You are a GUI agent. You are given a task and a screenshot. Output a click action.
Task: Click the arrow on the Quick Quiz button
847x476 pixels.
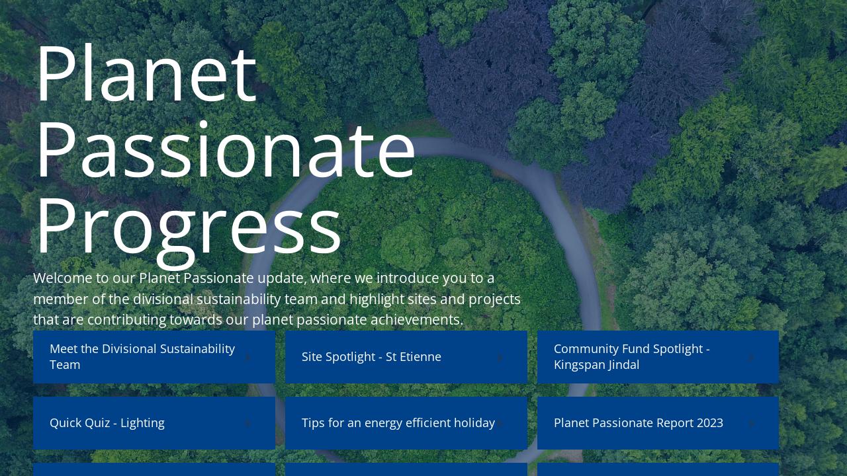tap(248, 423)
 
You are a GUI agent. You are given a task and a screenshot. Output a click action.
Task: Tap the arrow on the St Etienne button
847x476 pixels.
tap(500, 357)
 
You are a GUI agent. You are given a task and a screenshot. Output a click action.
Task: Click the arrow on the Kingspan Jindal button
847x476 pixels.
tap(752, 357)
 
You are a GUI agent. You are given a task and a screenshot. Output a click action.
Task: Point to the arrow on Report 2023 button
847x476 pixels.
tap(752, 423)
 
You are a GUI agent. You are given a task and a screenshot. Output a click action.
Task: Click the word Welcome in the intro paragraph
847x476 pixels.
tap(62, 278)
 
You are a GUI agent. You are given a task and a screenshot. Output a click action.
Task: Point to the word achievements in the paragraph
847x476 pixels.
tap(416, 320)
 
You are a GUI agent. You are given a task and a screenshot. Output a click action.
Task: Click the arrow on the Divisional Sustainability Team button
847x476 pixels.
tap(248, 357)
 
